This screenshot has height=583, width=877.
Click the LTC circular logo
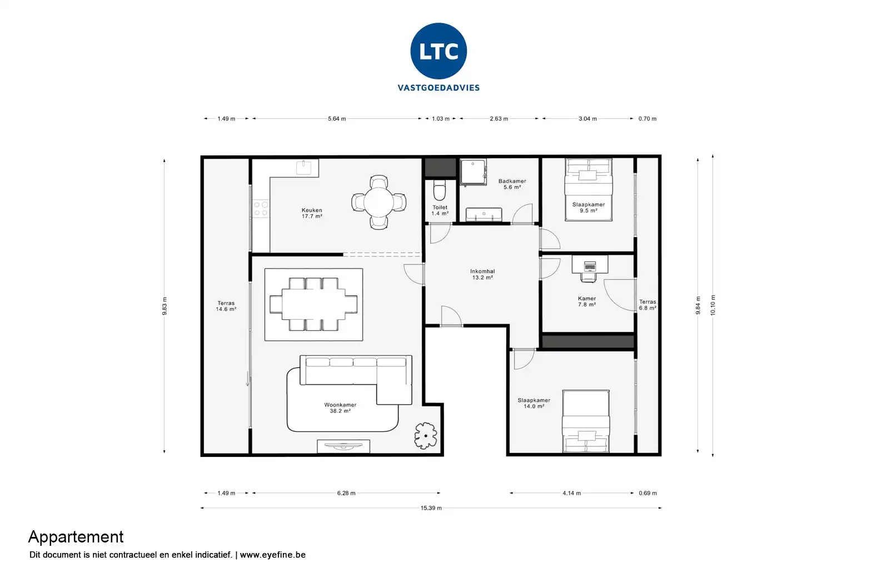pyautogui.click(x=438, y=51)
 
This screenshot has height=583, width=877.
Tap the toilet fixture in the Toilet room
pyautogui.click(x=440, y=190)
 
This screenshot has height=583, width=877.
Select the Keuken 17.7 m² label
pyautogui.click(x=312, y=213)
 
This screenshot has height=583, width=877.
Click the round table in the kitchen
pyautogui.click(x=378, y=202)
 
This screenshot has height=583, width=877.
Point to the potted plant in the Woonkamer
pyautogui.click(x=426, y=435)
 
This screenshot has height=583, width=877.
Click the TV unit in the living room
pyautogui.click(x=343, y=446)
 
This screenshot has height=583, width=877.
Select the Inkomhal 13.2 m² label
pyautogui.click(x=482, y=274)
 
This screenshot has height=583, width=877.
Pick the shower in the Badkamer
pyautogui.click(x=473, y=171)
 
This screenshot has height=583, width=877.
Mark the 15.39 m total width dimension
pyautogui.click(x=431, y=508)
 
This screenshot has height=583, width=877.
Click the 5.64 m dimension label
pyautogui.click(x=337, y=119)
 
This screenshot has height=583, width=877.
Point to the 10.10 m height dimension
pyautogui.click(x=713, y=305)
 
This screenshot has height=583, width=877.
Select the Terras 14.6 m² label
pyautogui.click(x=226, y=306)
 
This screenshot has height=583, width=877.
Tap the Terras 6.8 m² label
pyautogui.click(x=647, y=305)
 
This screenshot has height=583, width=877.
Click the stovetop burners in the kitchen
pyautogui.click(x=261, y=209)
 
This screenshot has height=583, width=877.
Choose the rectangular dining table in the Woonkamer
pyautogui.click(x=313, y=304)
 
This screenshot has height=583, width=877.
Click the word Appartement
pyautogui.click(x=76, y=537)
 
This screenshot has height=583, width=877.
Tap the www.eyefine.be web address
pyautogui.click(x=272, y=555)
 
